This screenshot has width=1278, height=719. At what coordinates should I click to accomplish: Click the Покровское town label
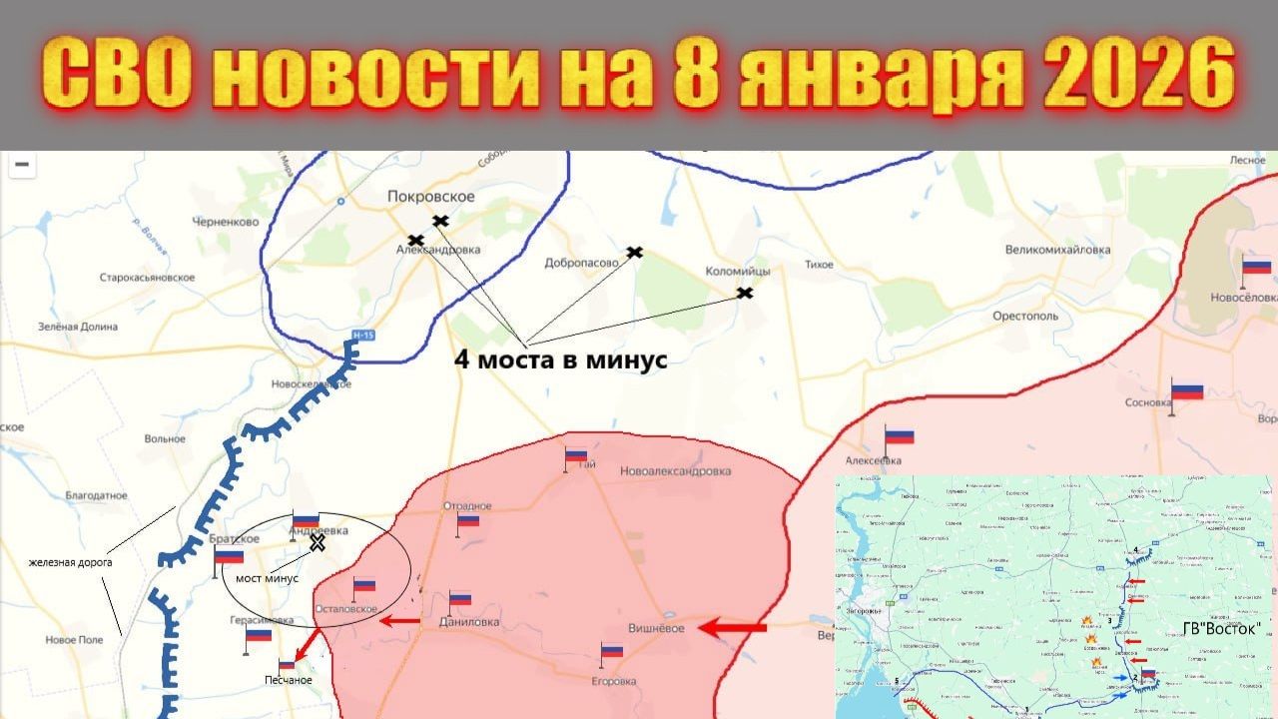pos(430,198)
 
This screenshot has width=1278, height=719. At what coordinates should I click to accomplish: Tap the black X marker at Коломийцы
pos(744,293)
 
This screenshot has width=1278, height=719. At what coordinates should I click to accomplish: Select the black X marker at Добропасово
pos(634,252)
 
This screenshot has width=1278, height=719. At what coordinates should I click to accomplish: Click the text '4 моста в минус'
pos(560,360)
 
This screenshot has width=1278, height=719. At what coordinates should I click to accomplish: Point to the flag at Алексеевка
pos(899,437)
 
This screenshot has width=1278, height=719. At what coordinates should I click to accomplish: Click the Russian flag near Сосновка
pos(1187,391)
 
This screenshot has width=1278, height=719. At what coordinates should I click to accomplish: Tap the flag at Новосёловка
pos(1256,267)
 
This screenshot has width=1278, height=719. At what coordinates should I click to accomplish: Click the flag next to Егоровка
pos(612,651)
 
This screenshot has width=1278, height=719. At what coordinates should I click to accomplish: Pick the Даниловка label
pos(469,622)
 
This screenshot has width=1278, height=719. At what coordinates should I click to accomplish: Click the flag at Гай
pos(576,455)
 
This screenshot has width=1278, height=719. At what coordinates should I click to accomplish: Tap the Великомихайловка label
pos(1057,250)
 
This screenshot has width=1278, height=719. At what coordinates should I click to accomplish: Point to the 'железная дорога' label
pos(70,562)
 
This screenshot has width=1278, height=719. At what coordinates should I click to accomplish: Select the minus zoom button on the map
pos(21,165)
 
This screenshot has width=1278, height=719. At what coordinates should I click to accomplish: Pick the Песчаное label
pos(289,681)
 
